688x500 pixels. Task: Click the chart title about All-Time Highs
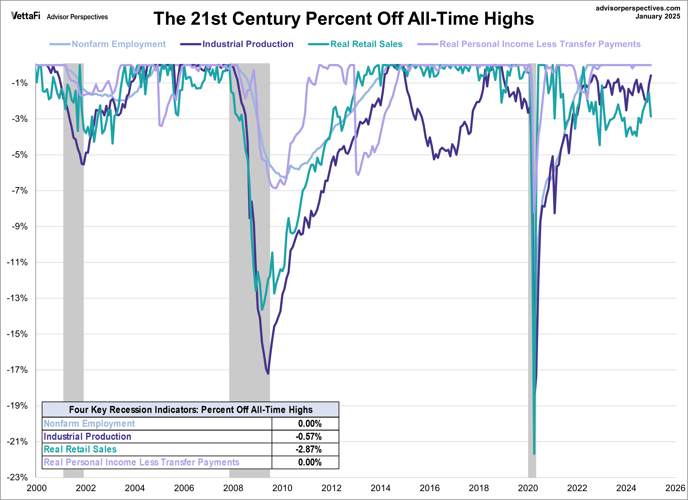coord(343,19)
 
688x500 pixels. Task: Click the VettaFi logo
coord(25,16)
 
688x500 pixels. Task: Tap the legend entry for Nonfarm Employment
coord(118,44)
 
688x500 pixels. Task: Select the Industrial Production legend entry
coord(247,44)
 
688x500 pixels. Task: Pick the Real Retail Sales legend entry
coord(366,44)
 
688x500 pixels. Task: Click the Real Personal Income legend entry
coord(540,44)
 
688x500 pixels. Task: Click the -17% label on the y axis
coord(17,370)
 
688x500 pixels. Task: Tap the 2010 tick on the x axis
coord(282,488)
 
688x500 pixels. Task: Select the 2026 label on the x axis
coord(675,488)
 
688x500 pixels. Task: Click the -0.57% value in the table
coord(309,436)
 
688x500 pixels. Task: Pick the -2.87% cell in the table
coord(309,449)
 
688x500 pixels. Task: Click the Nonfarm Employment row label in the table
coord(89,424)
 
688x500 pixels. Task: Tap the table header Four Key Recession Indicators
coord(191,410)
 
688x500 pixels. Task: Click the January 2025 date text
coord(658,16)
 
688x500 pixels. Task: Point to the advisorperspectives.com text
coord(638,8)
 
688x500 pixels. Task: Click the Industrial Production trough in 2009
coord(268,373)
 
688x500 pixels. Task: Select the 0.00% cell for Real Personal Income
coord(309,462)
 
